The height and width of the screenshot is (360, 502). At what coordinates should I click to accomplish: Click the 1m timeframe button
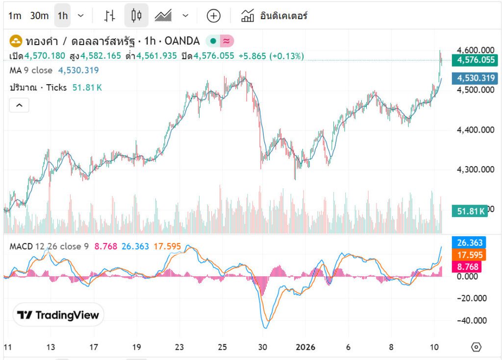[x=15, y=16]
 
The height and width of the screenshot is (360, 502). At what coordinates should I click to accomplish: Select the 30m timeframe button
[x=39, y=16]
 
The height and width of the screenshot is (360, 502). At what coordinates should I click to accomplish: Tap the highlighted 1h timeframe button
[x=62, y=16]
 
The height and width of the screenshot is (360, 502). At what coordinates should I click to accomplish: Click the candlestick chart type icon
[x=136, y=16]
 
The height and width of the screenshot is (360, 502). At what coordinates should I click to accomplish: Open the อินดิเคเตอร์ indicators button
[x=274, y=16]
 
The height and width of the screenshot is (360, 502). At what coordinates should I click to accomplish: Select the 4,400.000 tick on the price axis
[x=475, y=130]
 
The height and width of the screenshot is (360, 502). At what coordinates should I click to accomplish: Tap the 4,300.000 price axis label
[x=475, y=169]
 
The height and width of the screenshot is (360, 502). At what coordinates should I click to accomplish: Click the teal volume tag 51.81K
[x=471, y=212]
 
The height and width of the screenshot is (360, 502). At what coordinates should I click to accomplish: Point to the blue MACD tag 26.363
[x=470, y=243]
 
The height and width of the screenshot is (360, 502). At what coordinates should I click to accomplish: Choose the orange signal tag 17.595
[x=470, y=255]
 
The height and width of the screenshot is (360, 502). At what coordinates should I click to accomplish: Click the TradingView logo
[x=58, y=315]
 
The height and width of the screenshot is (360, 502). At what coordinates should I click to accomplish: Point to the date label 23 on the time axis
[x=180, y=347]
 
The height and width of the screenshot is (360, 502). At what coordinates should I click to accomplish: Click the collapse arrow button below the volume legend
[x=19, y=105]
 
